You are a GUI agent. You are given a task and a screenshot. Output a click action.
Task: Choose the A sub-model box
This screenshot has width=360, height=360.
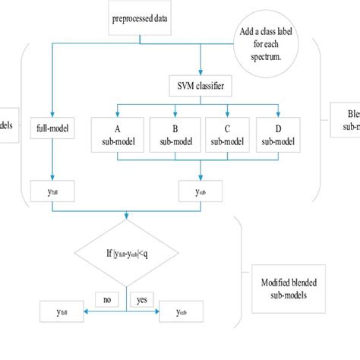116,131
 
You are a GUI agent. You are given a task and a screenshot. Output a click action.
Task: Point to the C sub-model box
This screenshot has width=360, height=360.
227,131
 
